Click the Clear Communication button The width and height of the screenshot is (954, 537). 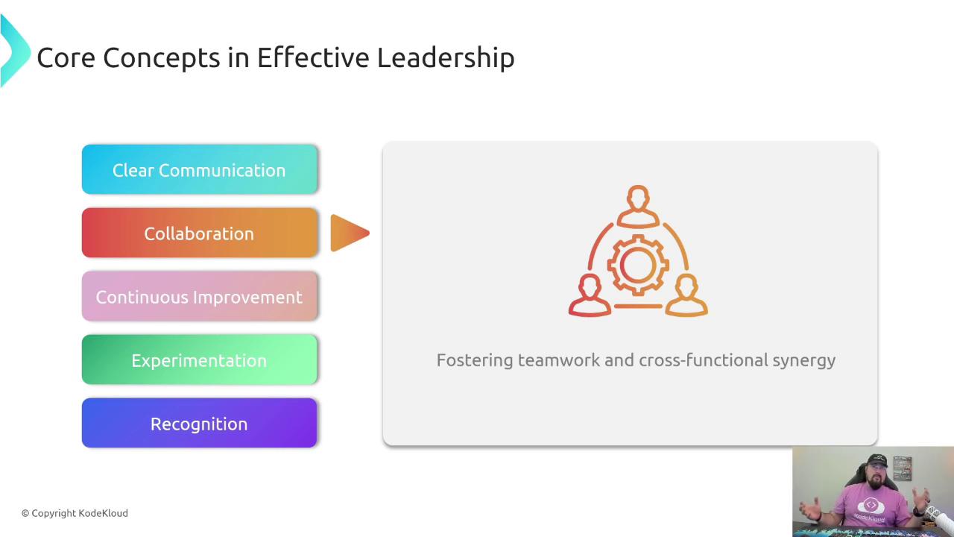(199, 169)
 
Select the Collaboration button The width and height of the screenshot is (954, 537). (199, 233)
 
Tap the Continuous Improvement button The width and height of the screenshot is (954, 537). (199, 296)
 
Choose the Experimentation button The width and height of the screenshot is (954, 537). (199, 359)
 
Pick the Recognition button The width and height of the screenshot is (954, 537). (199, 423)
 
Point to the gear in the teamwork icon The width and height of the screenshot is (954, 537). (637, 265)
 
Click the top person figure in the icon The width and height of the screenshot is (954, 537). (638, 207)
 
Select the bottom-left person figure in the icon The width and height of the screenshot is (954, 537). (590, 295)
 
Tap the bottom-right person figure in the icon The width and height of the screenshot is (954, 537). (686, 295)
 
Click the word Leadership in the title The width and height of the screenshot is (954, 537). (446, 58)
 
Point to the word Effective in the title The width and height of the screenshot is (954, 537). (313, 57)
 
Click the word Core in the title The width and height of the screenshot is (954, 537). (66, 58)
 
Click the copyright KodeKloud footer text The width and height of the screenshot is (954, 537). (75, 513)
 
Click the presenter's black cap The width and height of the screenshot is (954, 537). (877, 461)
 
